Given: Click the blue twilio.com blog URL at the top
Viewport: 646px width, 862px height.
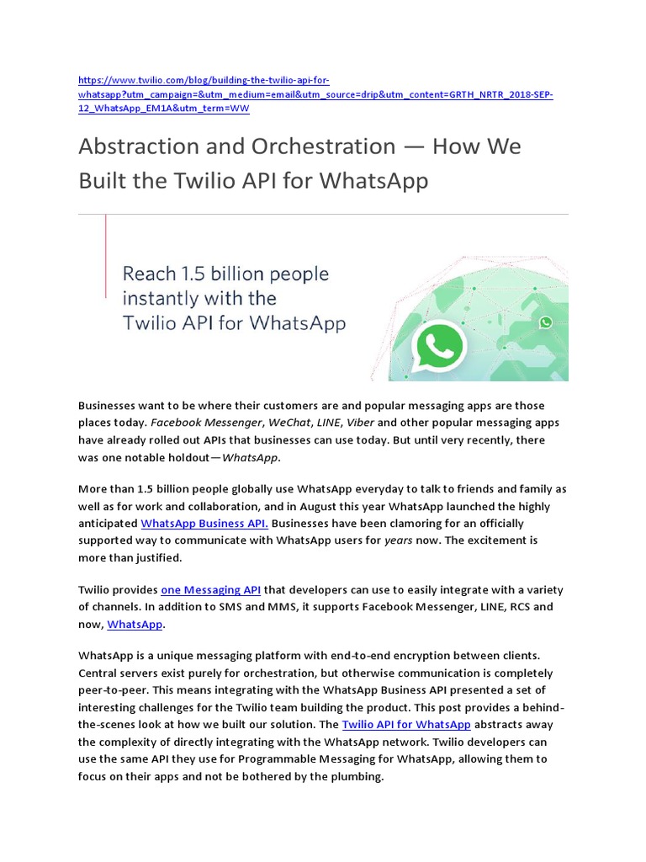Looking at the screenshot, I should click(315, 94).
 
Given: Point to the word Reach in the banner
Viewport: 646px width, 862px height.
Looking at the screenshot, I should click(149, 274).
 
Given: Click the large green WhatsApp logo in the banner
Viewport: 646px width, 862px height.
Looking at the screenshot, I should click(439, 345).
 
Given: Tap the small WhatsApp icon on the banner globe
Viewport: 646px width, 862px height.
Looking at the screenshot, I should click(546, 322).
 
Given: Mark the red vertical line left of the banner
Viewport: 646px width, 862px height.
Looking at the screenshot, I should click(106, 256).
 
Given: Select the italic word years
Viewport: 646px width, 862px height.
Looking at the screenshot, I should click(399, 540).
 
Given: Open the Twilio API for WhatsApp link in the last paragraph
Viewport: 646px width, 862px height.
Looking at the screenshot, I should click(406, 724).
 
